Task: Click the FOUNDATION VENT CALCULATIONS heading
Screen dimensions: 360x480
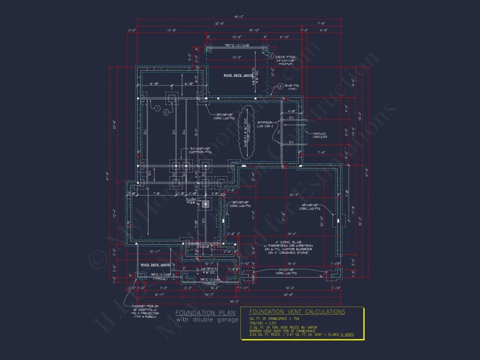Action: coord(297,312)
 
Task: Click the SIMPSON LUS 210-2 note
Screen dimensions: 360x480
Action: coord(265,124)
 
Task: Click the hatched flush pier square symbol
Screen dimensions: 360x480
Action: coord(204,203)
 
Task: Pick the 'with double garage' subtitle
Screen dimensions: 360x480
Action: coord(207,320)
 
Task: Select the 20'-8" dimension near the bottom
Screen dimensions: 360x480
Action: coord(288,295)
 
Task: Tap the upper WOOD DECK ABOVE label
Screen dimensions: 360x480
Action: coord(238,75)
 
